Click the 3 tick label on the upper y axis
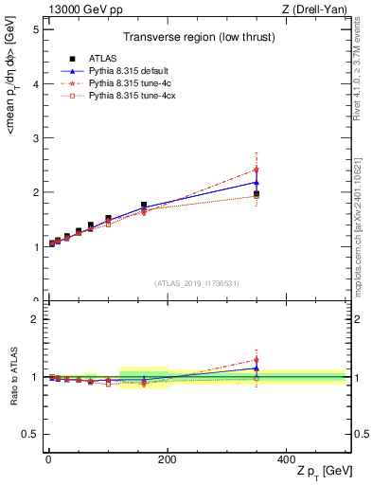[34, 138]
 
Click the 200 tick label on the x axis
[167, 459]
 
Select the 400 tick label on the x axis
[286, 459]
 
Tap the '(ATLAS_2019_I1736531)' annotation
[196, 283]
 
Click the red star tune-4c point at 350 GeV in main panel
[257, 170]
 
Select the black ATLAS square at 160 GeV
[144, 205]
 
